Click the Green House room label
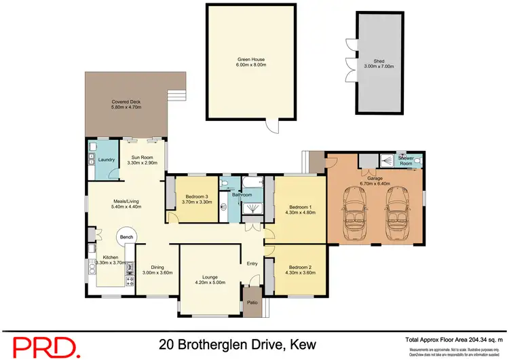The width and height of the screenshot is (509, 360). click(x=251, y=59)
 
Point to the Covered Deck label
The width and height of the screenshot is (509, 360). click(x=126, y=102)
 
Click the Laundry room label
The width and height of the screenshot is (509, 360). click(x=106, y=160)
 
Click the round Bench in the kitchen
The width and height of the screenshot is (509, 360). click(x=126, y=236)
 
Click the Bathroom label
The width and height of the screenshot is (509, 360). click(x=242, y=195)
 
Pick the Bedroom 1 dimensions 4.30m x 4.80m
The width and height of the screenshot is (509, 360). click(x=301, y=213)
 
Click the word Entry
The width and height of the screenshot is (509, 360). click(x=252, y=264)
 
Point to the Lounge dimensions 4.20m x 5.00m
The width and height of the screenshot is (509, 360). click(x=210, y=283)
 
